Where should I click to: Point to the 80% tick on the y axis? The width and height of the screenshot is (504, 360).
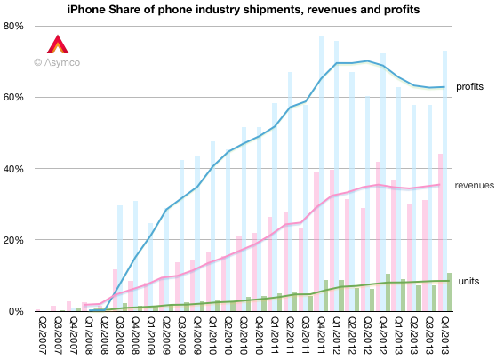[14, 26]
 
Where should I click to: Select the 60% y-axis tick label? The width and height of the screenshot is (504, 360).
[14, 97]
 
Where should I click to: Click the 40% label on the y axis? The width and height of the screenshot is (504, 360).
[14, 169]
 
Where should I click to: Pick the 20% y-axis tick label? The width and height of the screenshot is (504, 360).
[14, 240]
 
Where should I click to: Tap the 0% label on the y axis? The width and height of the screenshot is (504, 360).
[17, 311]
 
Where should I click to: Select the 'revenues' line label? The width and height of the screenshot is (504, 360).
[474, 185]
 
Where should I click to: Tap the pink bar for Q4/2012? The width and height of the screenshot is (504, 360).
[379, 236]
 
